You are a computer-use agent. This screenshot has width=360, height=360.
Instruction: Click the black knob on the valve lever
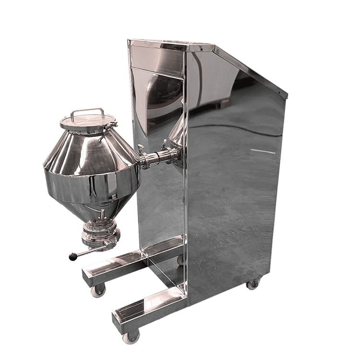pos(73,257)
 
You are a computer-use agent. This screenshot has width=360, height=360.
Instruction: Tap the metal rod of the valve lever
pos(89,251)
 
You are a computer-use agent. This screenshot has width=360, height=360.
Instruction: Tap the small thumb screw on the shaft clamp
pos(141,149)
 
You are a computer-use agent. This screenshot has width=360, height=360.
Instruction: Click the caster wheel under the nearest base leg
pos(131,337)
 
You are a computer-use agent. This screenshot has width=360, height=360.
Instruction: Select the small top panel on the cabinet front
pos(157,57)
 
